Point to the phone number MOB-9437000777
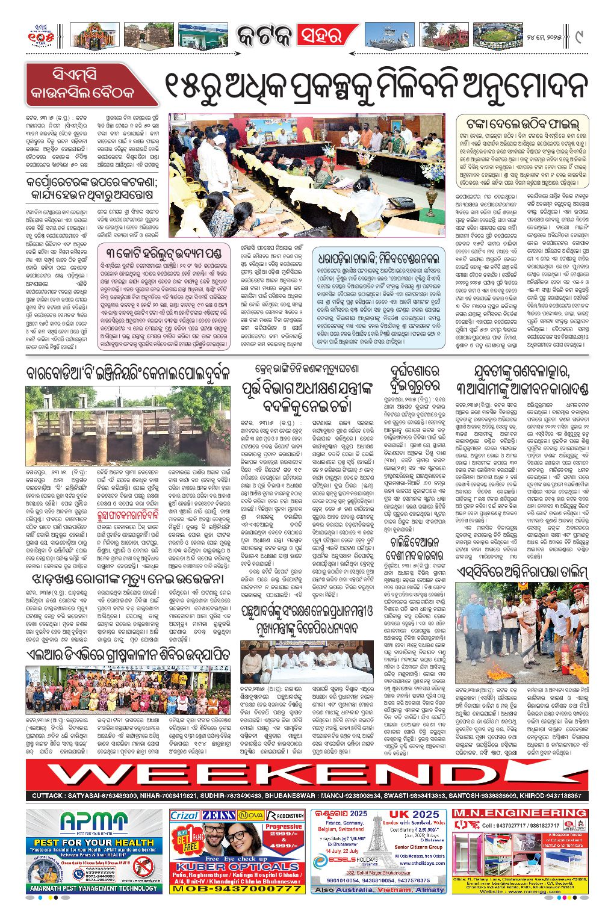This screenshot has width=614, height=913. coord(237,888)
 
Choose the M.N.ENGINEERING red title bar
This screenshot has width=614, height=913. coord(519,813)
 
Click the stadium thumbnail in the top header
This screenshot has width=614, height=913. coord(497,36)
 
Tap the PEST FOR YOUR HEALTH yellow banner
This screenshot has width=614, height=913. coord(94,842)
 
